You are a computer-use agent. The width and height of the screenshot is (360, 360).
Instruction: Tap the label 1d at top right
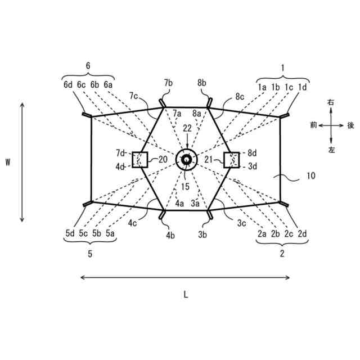pyautogui.click(x=302, y=87)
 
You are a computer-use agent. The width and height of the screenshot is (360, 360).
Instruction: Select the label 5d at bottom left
pyautogui.click(x=69, y=233)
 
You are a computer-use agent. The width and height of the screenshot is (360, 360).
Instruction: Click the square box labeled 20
pyautogui.click(x=139, y=160)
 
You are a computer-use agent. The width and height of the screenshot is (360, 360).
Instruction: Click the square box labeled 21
pyautogui.click(x=231, y=160)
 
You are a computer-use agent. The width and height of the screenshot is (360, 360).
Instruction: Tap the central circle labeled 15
pyautogui.click(x=186, y=160)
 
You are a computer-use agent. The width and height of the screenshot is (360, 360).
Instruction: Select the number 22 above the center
pyautogui.click(x=186, y=129)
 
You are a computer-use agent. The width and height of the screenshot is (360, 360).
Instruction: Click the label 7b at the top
pyautogui.click(x=169, y=83)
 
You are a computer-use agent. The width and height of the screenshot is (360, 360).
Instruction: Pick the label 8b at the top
pyautogui.click(x=202, y=83)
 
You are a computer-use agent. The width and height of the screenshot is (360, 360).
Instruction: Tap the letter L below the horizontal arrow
pyautogui.click(x=184, y=293)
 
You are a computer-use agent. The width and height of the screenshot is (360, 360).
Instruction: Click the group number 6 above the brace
pyautogui.click(x=88, y=66)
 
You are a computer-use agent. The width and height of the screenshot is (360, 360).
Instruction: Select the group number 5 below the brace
pyautogui.click(x=89, y=254)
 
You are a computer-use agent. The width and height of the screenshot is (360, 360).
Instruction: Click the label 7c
pyautogui.click(x=134, y=96)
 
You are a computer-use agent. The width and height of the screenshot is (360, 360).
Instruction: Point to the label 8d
pyautogui.click(x=251, y=152)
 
